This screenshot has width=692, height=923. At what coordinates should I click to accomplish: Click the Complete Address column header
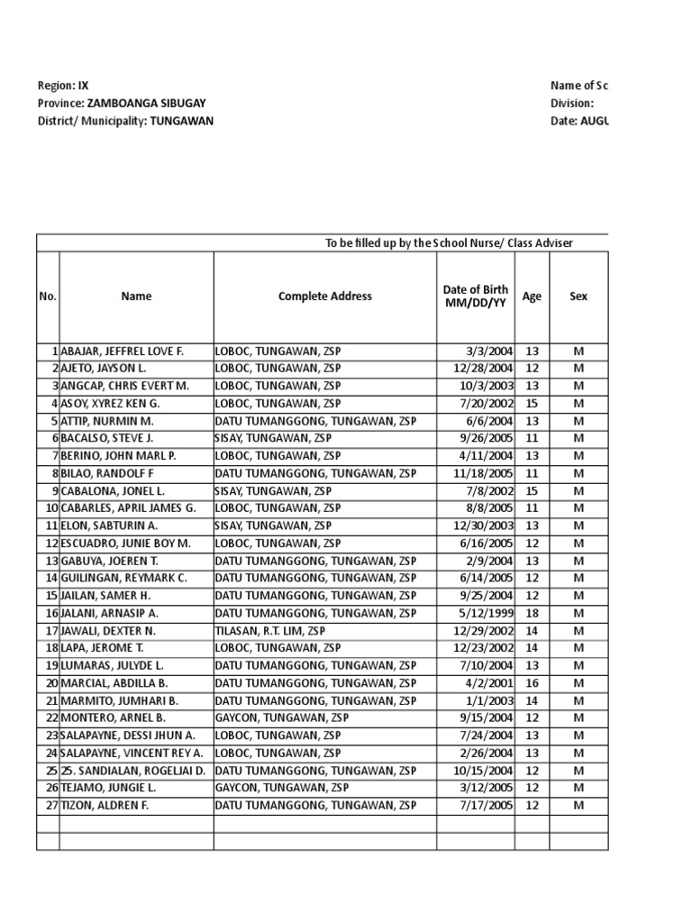pos(324,297)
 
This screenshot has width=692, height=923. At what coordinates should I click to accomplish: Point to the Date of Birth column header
pos(475,297)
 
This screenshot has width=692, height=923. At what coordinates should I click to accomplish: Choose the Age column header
pos(532,297)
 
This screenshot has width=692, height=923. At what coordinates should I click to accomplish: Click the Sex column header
pos(578,297)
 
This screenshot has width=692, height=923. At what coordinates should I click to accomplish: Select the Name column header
pos(136,297)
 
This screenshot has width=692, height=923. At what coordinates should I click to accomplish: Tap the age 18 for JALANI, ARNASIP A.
pos(532,613)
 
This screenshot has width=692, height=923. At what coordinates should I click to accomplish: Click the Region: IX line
pos(63,86)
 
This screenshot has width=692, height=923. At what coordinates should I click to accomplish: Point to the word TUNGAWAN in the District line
pos(181,121)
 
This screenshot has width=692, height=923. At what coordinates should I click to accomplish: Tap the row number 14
pos(51,578)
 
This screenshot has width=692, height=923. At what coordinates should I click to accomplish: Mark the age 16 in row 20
pos(532,683)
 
